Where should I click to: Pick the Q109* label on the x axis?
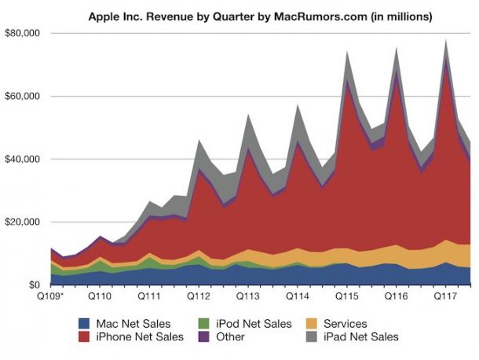coord(53,298)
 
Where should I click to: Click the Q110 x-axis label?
coord(103,298)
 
